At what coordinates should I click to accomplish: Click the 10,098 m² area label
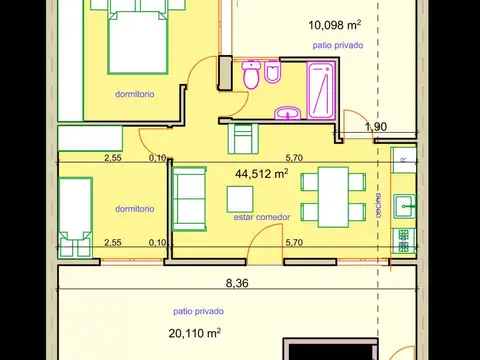pyautogui.click(x=336, y=24)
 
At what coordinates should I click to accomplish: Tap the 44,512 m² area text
pyautogui.click(x=261, y=173)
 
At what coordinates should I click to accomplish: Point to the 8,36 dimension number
pyautogui.click(x=237, y=283)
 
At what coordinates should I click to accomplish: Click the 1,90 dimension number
pyautogui.click(x=375, y=127)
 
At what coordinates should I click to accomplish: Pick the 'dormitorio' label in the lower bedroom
pyautogui.click(x=134, y=209)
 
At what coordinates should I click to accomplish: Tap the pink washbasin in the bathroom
pyautogui.click(x=289, y=112)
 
